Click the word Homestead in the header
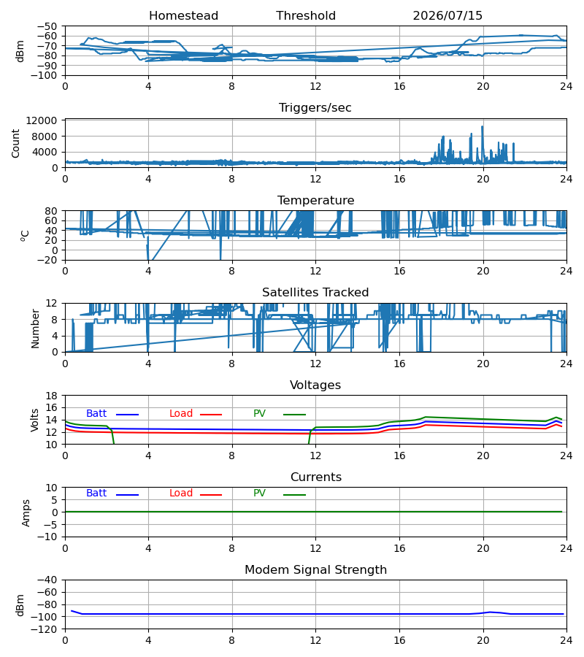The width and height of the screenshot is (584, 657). click(183, 16)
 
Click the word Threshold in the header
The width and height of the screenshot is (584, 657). click(306, 16)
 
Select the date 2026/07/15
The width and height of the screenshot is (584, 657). click(447, 16)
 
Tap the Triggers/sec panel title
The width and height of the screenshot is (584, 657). click(315, 108)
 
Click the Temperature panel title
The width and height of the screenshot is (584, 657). click(315, 200)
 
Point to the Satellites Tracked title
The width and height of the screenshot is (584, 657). click(315, 293)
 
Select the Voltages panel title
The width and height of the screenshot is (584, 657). click(315, 385)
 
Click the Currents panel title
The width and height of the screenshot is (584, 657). click(316, 477)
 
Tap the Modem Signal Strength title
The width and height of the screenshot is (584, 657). click(315, 570)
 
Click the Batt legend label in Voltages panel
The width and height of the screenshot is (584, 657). click(96, 414)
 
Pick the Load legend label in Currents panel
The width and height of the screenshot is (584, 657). click(181, 493)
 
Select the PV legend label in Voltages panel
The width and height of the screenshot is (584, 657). click(259, 414)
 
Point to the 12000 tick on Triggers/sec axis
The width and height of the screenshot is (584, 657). click(42, 120)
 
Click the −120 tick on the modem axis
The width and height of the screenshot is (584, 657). click(47, 629)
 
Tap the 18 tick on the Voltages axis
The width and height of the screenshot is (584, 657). click(52, 396)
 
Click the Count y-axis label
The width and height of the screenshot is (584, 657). click(15, 143)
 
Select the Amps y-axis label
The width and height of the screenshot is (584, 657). click(26, 512)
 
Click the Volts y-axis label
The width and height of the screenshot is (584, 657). click(34, 420)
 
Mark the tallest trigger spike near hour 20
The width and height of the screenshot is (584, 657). click(483, 126)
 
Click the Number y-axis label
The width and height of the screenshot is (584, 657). click(35, 329)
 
